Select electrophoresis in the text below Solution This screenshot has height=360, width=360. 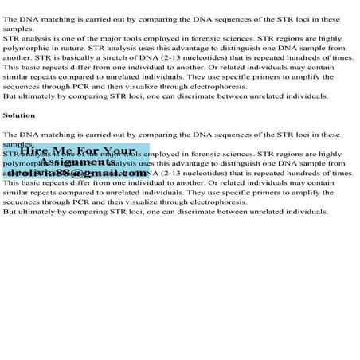point(218,202)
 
